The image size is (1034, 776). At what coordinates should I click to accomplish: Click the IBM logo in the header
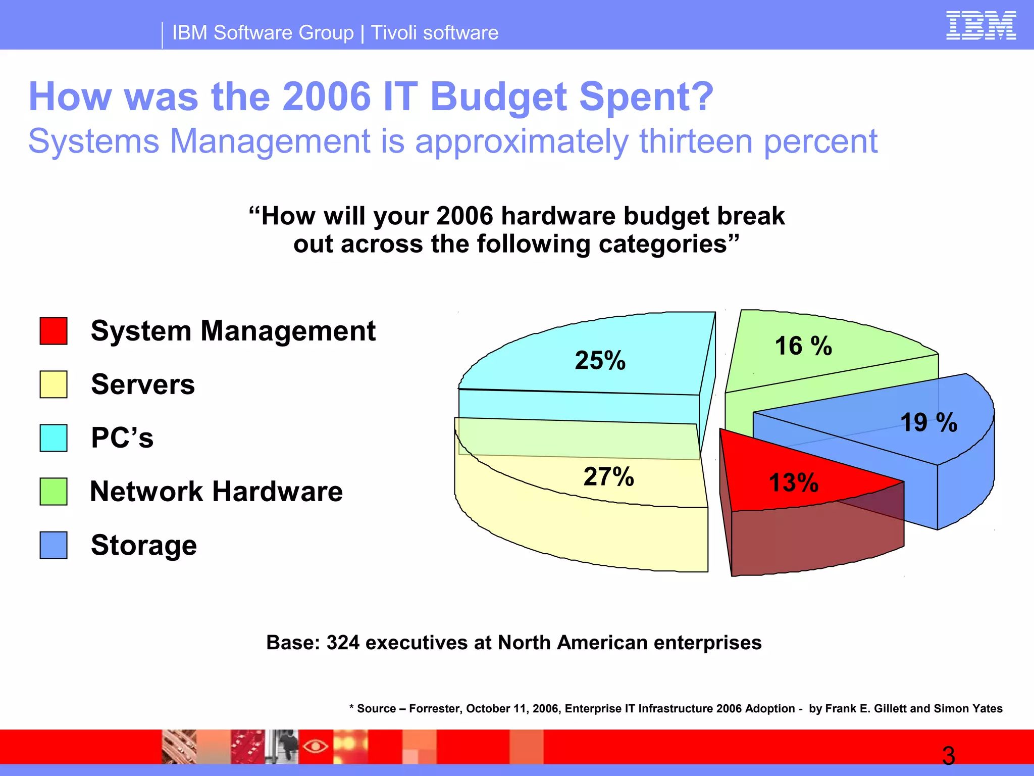pos(980,26)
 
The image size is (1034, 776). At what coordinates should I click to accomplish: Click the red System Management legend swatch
pos(54,331)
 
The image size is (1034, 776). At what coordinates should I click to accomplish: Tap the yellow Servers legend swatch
pos(54,384)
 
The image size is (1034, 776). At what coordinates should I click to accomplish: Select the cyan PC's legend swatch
pos(54,438)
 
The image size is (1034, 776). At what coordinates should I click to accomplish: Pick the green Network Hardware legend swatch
pos(54,492)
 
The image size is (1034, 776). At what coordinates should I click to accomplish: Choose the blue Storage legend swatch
pos(54,545)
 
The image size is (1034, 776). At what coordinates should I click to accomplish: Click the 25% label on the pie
pos(600,361)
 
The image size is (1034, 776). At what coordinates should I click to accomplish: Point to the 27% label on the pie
pos(608,477)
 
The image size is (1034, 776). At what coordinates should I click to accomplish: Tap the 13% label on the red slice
pos(793,482)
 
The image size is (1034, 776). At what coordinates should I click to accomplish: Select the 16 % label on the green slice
pos(803,347)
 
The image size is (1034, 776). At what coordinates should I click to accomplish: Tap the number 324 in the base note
pos(343,643)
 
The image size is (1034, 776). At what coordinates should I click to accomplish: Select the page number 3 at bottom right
pos(948,756)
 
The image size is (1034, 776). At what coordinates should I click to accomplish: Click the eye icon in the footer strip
pos(316,746)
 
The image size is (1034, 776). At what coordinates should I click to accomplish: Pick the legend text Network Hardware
pos(216,492)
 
